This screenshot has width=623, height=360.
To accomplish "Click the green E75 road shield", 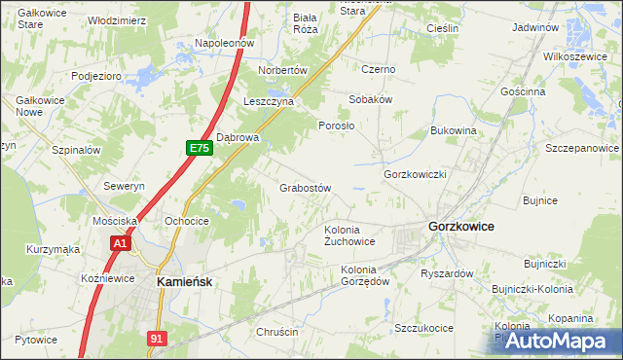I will (200, 148).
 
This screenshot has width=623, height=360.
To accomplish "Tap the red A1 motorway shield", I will (120, 243).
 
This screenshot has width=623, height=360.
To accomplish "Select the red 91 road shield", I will (157, 338).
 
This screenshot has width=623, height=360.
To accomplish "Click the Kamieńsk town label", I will (186, 280).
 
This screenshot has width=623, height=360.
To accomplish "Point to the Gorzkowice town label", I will (460, 226).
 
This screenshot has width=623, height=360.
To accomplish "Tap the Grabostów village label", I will (307, 188).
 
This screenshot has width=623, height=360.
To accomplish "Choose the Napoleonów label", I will (224, 43).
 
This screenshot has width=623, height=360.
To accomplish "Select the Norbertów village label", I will (282, 71).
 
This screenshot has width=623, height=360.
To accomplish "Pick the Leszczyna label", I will (269, 101).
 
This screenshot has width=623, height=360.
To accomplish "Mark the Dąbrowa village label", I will (238, 137).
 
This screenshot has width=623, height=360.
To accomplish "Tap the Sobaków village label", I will (370, 99).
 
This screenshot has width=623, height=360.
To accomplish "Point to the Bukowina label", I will (453, 129).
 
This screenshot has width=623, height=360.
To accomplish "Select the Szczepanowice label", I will (582, 148).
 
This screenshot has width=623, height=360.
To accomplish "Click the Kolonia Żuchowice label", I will (349, 235).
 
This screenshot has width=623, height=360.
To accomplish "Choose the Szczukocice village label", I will (423, 328).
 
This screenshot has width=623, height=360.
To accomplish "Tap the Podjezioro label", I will (95, 75).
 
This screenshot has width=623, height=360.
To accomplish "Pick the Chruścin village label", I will (277, 333).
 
